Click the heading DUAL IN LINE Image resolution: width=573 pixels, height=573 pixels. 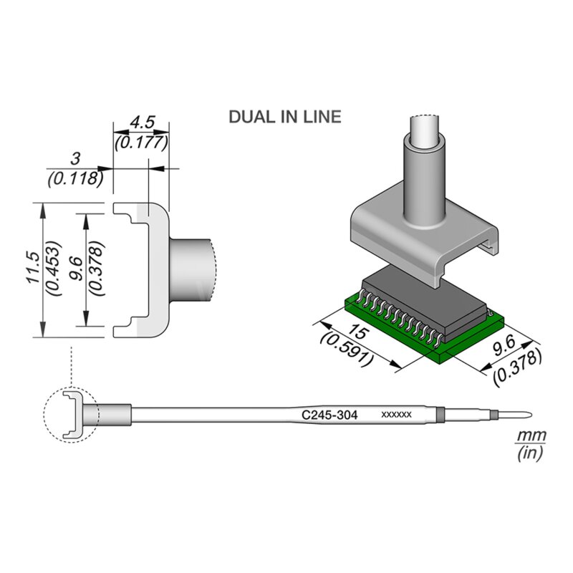tap(284, 117)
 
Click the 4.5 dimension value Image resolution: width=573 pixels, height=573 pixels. tap(141, 124)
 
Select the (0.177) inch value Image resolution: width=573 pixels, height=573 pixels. tap(141, 142)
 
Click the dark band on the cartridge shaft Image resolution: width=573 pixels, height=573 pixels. tap(440, 415)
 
